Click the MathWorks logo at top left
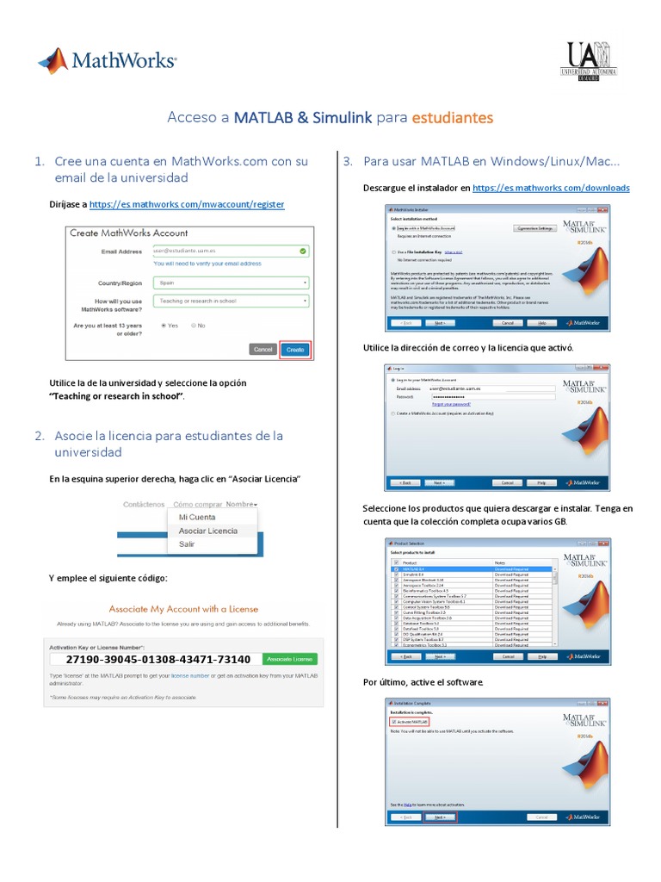click(x=107, y=61)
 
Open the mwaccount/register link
click(x=187, y=205)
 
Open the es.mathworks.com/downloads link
click(x=551, y=188)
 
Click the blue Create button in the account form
click(x=295, y=350)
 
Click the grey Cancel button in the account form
click(x=263, y=350)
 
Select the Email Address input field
click(x=230, y=251)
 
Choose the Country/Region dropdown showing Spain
click(x=230, y=282)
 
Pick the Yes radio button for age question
click(x=164, y=326)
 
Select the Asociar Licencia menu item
click(x=207, y=531)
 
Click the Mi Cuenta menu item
click(x=196, y=517)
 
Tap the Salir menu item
click(x=187, y=544)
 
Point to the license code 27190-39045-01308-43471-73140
click(x=158, y=659)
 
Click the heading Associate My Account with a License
click(x=184, y=608)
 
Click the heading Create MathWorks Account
click(x=128, y=233)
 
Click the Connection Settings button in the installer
click(x=534, y=228)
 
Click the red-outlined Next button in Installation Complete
click(x=439, y=817)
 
